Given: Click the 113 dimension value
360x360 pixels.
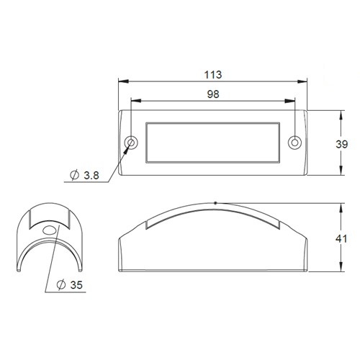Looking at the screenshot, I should [212, 74].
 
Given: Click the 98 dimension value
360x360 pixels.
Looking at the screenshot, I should [212, 94].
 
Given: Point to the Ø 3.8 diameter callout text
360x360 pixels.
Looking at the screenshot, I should [87, 176].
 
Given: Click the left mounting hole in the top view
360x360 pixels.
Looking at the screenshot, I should [132, 142].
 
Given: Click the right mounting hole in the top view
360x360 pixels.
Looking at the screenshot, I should [294, 142].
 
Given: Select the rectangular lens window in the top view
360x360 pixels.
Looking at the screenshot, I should [212, 142].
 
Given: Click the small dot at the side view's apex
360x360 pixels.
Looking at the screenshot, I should [215, 203].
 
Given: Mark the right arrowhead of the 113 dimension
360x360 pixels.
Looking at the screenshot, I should [304, 81].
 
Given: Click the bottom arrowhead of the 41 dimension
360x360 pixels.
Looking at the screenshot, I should [338, 272].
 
